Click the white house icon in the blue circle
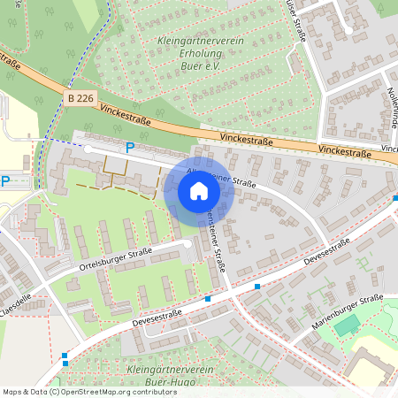(199, 191)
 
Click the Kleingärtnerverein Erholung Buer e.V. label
(202, 54)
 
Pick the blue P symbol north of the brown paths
(130, 148)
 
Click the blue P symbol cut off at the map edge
(4, 182)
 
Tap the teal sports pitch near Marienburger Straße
(347, 325)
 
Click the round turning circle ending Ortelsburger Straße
(188, 241)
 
